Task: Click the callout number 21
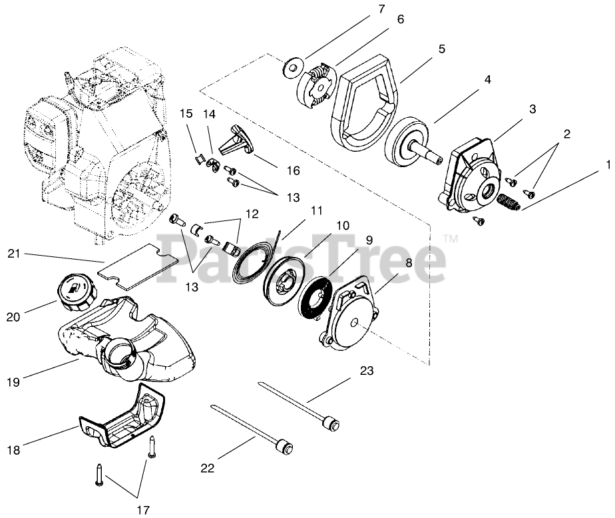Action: [15, 253]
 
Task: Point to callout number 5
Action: [442, 49]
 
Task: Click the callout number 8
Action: [407, 262]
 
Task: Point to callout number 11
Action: [316, 210]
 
